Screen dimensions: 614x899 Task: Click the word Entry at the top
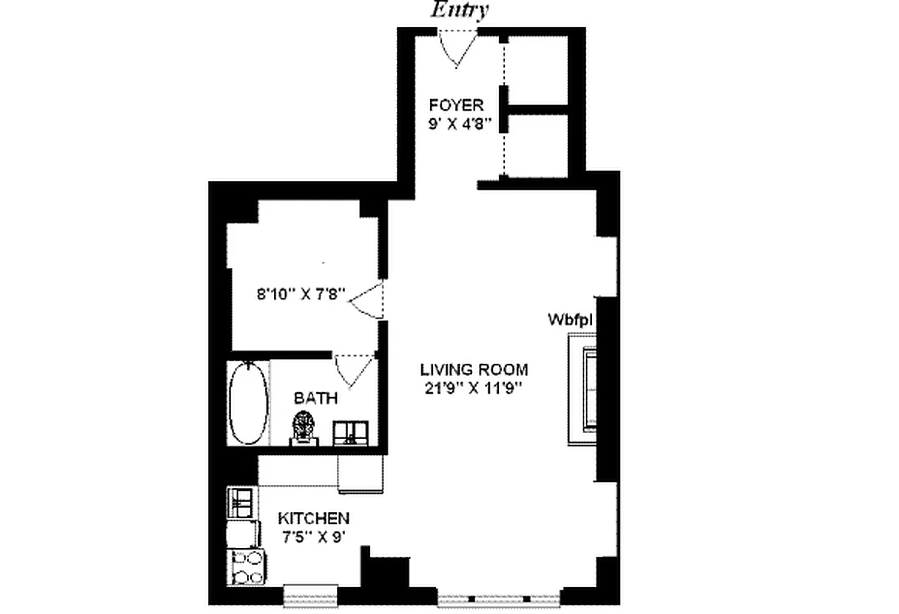[459, 10]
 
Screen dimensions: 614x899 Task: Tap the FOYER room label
[456, 105]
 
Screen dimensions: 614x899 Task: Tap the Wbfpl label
[572, 319]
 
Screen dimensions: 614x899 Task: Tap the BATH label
[316, 398]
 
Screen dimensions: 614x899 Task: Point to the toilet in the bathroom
[303, 428]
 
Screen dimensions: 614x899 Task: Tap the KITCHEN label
[313, 518]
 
